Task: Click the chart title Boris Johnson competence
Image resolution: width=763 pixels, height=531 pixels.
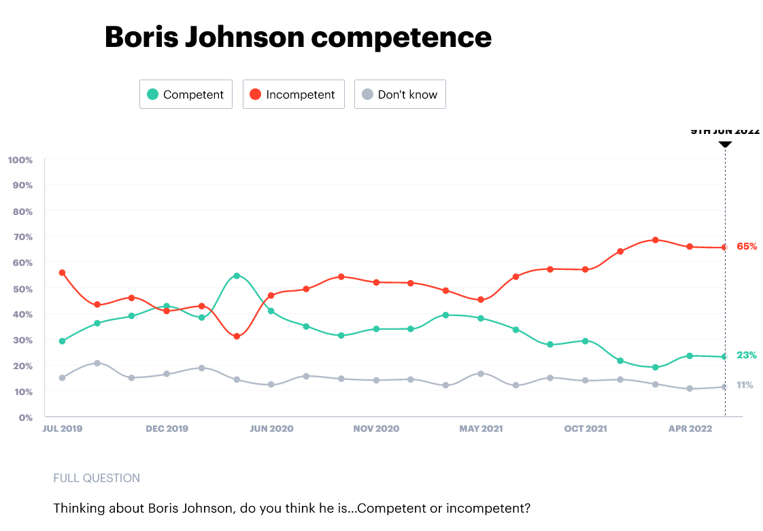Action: click(298, 37)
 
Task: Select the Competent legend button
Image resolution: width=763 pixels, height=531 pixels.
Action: click(186, 95)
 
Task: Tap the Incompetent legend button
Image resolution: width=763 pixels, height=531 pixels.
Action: click(293, 95)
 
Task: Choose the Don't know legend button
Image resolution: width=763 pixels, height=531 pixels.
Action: click(399, 95)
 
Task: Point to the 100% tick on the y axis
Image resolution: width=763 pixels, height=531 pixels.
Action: click(20, 160)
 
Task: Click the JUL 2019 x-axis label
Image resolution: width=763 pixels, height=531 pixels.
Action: click(62, 429)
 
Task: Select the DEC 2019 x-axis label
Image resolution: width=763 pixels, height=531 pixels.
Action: click(167, 429)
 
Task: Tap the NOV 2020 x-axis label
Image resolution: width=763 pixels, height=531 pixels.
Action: click(376, 429)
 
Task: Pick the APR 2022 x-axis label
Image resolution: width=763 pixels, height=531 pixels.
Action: click(690, 429)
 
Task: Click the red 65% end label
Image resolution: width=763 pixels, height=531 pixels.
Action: click(747, 246)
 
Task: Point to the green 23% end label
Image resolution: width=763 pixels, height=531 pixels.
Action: click(747, 355)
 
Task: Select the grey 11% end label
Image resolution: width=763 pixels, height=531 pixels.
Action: click(745, 385)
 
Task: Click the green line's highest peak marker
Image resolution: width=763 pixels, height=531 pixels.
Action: click(237, 275)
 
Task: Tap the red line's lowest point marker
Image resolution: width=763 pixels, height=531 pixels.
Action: click(237, 337)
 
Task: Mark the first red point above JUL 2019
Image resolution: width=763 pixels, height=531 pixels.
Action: click(63, 273)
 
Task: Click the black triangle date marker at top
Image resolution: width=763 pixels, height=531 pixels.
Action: click(725, 143)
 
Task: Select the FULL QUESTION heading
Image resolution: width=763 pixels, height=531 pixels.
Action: click(97, 478)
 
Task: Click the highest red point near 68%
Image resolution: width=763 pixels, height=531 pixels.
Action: click(656, 240)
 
